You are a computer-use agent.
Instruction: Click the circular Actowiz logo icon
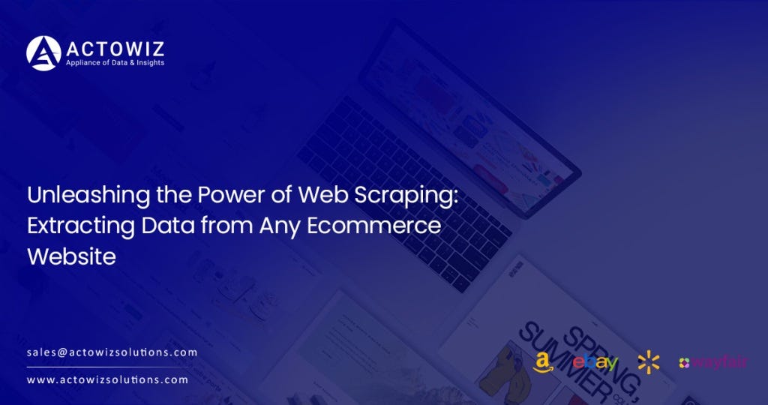point(43,53)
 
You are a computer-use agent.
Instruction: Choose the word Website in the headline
point(71,256)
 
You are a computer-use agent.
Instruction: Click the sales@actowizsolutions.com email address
point(112,352)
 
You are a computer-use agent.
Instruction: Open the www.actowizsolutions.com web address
point(107,380)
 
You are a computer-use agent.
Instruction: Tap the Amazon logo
point(545,363)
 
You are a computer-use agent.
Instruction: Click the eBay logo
point(595,363)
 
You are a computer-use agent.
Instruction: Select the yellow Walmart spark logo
point(649,363)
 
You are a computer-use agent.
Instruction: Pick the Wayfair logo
point(712,363)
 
